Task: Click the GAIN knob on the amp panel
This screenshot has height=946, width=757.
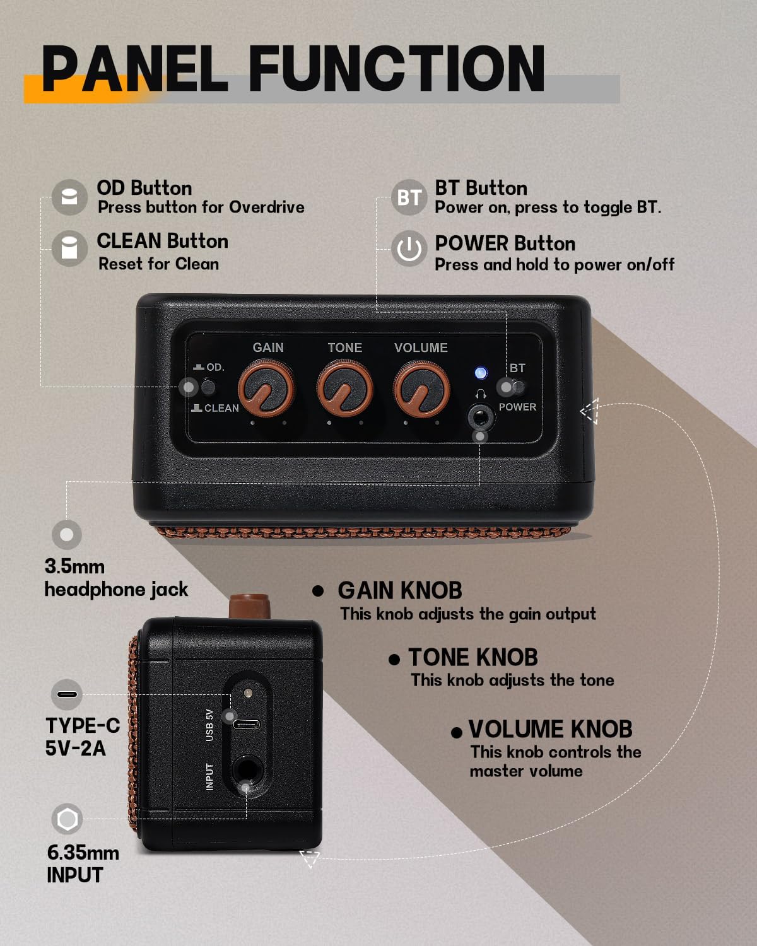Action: click(x=266, y=388)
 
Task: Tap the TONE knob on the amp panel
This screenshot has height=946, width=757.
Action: click(x=344, y=388)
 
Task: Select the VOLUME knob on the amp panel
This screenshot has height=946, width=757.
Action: click(x=421, y=388)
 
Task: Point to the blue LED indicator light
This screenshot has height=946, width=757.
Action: click(x=481, y=373)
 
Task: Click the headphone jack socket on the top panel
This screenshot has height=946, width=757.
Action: click(x=480, y=416)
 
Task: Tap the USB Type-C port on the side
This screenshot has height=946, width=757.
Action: click(x=246, y=725)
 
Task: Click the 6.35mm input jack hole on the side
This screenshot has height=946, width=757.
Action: click(x=247, y=770)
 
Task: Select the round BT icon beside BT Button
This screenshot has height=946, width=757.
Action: click(x=409, y=197)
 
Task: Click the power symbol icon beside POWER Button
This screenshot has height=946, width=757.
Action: click(x=409, y=248)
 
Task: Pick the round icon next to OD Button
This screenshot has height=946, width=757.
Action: click(x=69, y=197)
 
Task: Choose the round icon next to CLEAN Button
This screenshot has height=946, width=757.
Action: click(x=69, y=248)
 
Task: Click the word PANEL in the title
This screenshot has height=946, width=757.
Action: click(x=134, y=69)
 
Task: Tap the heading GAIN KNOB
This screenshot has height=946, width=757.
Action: click(x=400, y=590)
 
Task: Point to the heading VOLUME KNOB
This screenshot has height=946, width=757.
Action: click(x=550, y=729)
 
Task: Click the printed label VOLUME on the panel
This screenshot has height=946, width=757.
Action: click(x=421, y=347)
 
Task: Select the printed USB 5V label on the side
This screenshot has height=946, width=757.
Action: click(x=209, y=725)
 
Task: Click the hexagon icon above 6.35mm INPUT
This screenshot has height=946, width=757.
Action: click(x=67, y=819)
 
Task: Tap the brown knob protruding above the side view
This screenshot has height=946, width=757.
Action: click(x=249, y=606)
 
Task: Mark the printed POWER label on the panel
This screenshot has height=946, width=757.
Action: click(x=517, y=407)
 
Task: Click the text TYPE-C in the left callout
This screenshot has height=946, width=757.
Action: click(x=83, y=725)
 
